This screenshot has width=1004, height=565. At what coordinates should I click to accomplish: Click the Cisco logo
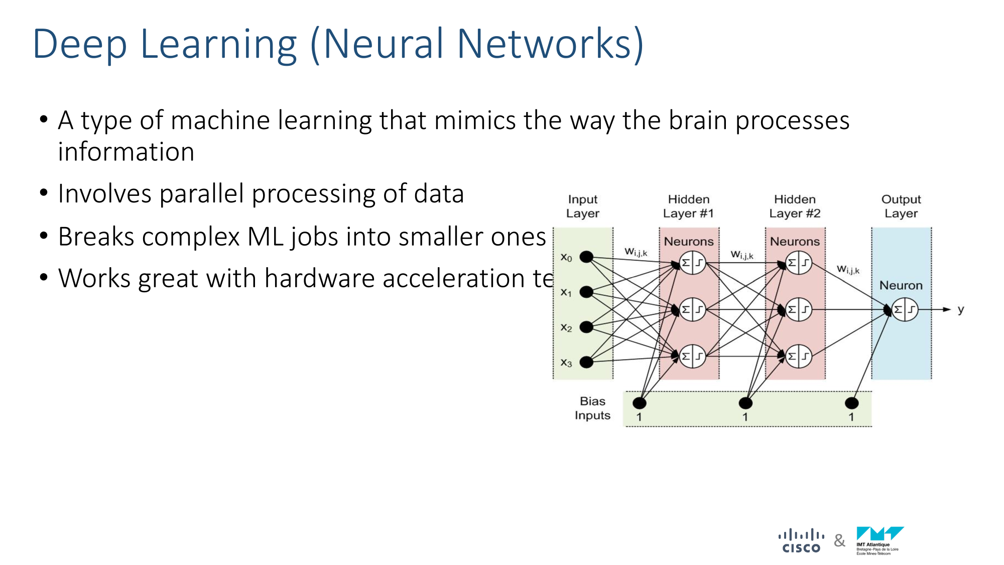[x=801, y=541]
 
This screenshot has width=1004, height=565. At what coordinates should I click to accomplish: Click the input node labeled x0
[x=586, y=257]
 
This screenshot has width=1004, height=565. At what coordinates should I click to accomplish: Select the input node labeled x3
[x=586, y=362]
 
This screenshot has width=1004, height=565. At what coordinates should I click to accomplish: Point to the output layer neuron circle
[x=905, y=309]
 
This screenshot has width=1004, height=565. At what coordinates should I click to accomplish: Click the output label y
[x=960, y=309]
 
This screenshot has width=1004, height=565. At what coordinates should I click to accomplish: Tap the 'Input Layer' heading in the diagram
[x=583, y=206]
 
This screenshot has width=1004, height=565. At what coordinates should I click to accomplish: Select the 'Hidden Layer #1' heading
[x=689, y=206]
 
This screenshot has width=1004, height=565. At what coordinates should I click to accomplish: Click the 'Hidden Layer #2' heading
[x=795, y=206]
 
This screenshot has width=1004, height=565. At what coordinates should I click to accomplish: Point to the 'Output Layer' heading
[x=901, y=206]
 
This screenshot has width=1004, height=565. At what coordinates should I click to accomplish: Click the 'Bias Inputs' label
[x=592, y=408]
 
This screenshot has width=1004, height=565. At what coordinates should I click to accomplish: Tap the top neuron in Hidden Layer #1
[x=693, y=263]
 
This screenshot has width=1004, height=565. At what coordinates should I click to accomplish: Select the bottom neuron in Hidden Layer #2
[x=799, y=356]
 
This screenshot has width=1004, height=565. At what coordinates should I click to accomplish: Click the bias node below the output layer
[x=852, y=403]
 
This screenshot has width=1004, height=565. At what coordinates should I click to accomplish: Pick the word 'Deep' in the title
[x=80, y=44]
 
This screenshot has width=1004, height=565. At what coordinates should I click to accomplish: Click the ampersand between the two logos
[x=839, y=541]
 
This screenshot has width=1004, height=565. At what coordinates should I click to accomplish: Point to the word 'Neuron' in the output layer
[x=901, y=285]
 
